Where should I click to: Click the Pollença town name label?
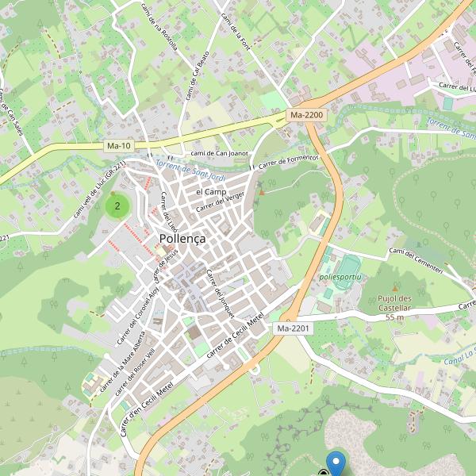click(182, 238)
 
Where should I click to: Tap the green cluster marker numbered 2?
click(117, 207)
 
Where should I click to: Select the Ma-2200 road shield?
click(307, 115)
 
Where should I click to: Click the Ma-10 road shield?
click(118, 146)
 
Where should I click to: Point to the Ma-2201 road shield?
click(294, 328)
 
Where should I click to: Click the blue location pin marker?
click(336, 463)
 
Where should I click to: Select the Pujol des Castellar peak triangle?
click(394, 288)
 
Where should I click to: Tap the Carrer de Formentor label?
click(285, 162)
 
